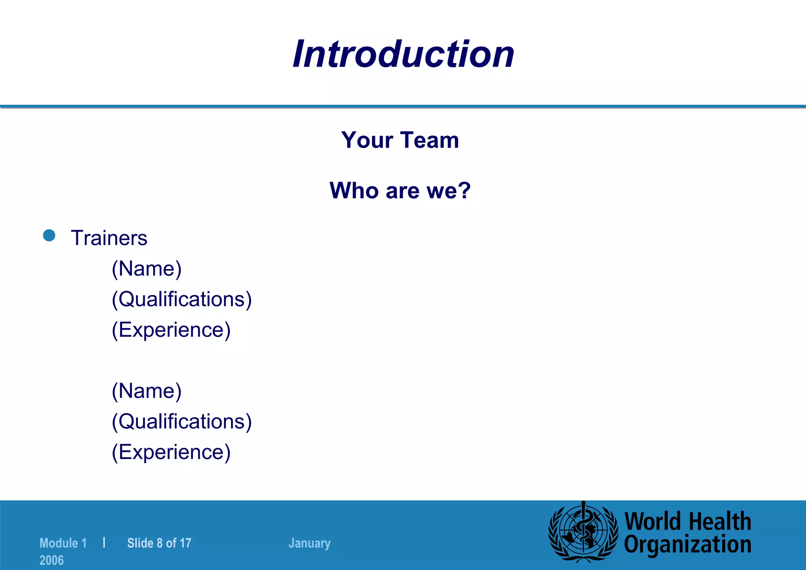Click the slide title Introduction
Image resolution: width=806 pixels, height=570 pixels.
point(403,54)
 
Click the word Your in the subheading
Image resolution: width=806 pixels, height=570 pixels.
point(367,140)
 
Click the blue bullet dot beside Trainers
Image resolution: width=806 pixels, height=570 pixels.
point(49,236)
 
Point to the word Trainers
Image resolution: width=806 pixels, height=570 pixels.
point(109,238)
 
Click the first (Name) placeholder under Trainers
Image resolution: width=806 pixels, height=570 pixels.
point(146,269)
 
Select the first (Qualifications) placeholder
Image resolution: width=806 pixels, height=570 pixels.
point(181,299)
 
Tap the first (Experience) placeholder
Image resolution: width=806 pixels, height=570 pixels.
point(171,330)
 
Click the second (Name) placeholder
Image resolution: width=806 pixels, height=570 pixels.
point(146,391)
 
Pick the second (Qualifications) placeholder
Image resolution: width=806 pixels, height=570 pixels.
point(181,421)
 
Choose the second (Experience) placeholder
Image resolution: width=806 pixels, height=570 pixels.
point(171,452)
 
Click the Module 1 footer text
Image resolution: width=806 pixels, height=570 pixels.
point(63,543)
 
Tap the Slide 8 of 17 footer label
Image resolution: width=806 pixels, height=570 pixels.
point(159,543)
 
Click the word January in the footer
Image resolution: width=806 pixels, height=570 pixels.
point(309,543)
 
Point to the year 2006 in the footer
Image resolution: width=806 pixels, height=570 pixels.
point(52,560)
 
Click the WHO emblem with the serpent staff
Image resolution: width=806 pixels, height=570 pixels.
point(583,532)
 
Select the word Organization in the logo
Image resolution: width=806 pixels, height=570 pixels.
point(688,545)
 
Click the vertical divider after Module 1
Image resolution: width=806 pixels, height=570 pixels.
point(104,542)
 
